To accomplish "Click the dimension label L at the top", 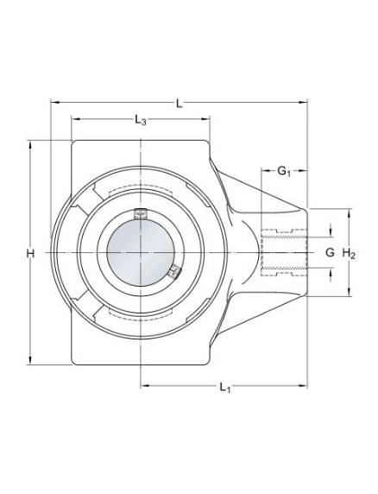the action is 180,104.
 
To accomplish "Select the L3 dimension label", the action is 141,120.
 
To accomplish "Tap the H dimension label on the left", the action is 30,253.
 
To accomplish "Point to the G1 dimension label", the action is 284,171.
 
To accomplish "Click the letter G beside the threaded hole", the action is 330,252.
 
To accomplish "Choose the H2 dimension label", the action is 349,253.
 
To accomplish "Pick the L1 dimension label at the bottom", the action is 224,387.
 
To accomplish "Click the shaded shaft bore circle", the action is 141,252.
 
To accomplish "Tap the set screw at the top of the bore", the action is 141,213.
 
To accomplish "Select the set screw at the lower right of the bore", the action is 174,271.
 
